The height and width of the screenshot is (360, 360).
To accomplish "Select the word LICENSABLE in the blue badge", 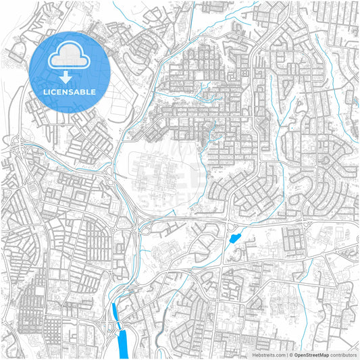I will [70, 92].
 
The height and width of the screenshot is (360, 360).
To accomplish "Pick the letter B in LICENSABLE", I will [84, 92].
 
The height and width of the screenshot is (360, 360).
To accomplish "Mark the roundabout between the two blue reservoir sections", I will [119, 325].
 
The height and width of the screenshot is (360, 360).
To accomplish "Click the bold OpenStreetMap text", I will [311, 354].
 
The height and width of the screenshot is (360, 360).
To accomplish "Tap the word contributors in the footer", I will [343, 354].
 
